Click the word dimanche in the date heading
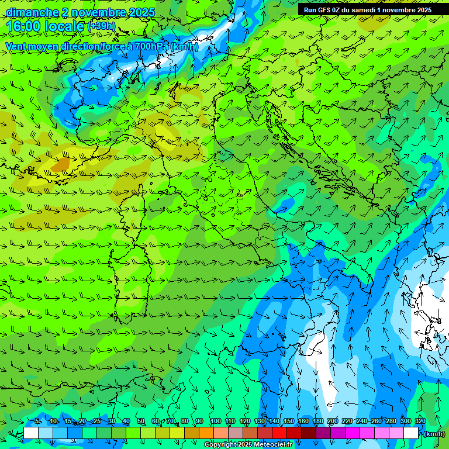[x=32, y=12]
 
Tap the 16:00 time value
[x=23, y=27]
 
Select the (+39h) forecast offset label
[x=101, y=26]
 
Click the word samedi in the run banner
[x=364, y=10]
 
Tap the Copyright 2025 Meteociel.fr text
[x=248, y=445]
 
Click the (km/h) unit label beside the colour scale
[x=434, y=434]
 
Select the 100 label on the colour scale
[x=215, y=421]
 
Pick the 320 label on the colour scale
[x=420, y=421]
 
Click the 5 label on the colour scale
[x=37, y=421]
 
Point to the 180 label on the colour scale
[x=317, y=421]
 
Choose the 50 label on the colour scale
[x=141, y=421]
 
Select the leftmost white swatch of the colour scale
[x=31, y=433]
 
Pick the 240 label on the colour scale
[x=361, y=421]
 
